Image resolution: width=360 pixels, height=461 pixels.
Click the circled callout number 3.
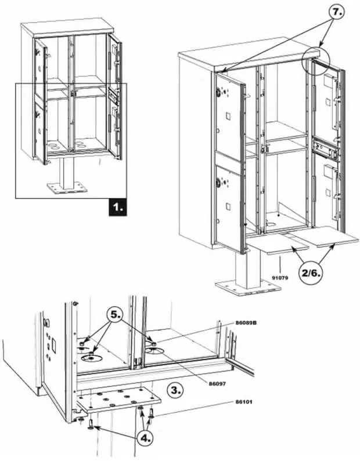pos(175,390)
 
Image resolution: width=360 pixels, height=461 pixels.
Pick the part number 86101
pos(246,401)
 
